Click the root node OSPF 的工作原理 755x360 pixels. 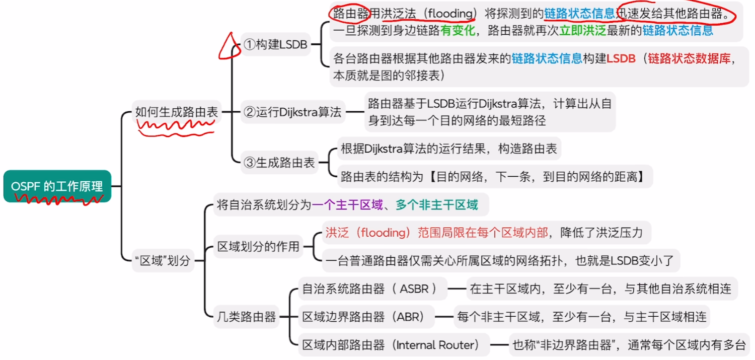pos(57,186)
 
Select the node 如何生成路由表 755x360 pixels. pos(177,112)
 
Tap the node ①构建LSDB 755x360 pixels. pos(275,45)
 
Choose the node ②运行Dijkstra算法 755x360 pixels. pos(292,112)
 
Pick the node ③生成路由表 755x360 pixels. pos(279,163)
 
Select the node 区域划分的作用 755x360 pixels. pos(258,247)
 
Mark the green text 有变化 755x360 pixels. pos(458,31)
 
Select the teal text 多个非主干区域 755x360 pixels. pos(436,205)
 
